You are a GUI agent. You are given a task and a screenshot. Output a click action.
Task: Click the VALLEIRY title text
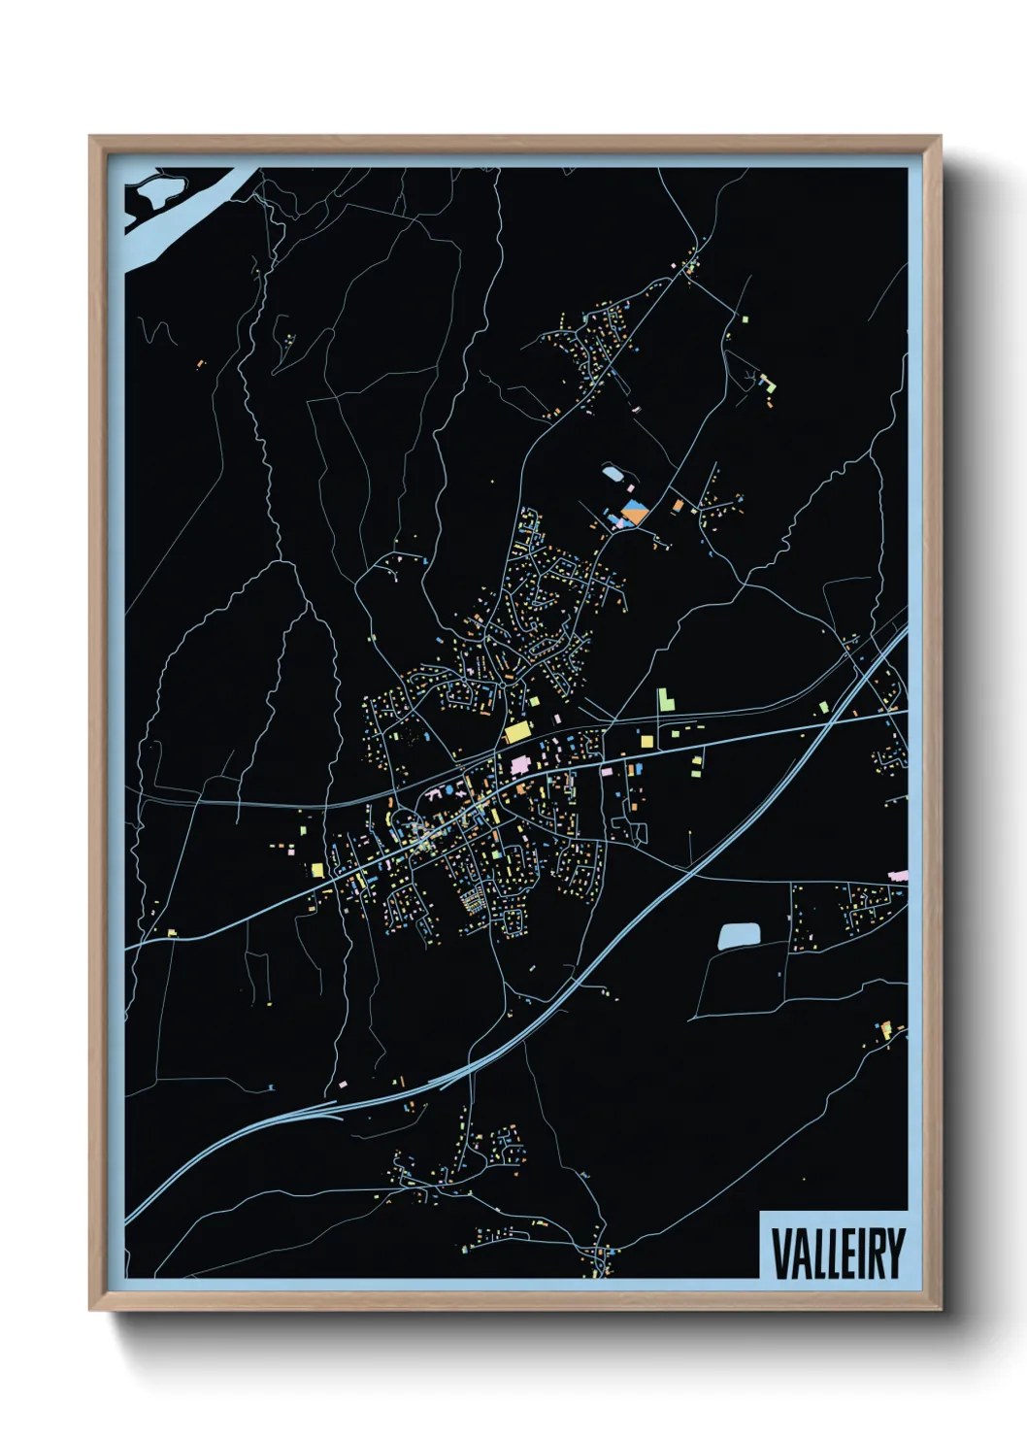click(838, 1253)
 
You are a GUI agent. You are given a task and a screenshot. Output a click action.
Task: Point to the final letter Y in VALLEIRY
click(895, 1253)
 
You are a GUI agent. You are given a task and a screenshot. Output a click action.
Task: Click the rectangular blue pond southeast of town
click(739, 936)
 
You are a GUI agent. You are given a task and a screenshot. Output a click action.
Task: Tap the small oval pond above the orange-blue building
click(613, 474)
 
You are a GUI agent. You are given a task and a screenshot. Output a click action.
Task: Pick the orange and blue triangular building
click(634, 512)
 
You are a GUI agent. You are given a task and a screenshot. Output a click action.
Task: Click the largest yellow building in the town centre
click(517, 731)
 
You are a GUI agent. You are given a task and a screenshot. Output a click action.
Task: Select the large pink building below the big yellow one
click(520, 766)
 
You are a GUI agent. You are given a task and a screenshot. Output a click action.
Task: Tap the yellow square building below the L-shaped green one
click(646, 741)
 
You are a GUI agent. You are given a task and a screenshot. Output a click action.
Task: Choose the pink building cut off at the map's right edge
click(900, 876)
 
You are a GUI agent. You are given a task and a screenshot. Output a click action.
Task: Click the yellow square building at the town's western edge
click(316, 868)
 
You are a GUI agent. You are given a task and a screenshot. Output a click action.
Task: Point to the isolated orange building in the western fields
click(200, 365)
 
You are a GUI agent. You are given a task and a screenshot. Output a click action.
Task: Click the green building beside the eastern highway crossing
click(824, 707)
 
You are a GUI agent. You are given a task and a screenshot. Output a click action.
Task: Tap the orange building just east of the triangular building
click(677, 505)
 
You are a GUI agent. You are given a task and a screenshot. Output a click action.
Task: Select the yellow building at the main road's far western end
click(172, 933)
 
